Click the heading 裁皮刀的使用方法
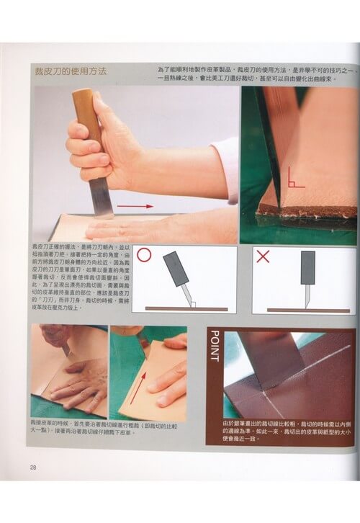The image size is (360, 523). point(71,73)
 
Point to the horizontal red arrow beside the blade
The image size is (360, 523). point(135,206)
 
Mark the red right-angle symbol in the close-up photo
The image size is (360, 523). point(292,173)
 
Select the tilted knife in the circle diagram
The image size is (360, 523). point(178,272)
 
